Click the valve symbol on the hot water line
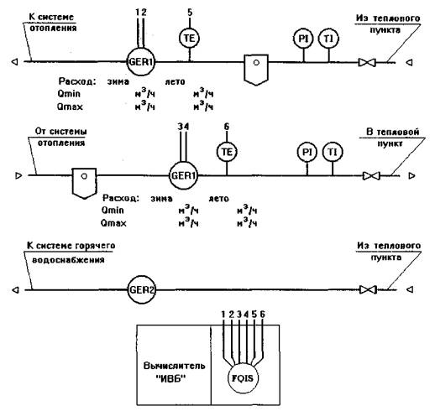pyautogui.click(x=368, y=289)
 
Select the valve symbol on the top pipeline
pyautogui.click(x=367, y=62)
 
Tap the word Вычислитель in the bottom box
pyautogui.click(x=174, y=366)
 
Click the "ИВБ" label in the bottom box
pyautogui.click(x=171, y=379)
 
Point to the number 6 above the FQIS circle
pyautogui.click(x=262, y=315)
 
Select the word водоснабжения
pyautogui.click(x=68, y=260)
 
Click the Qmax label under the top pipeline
pyautogui.click(x=70, y=107)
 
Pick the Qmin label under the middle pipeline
pyautogui.click(x=113, y=210)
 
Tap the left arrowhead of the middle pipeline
pyautogui.click(x=18, y=175)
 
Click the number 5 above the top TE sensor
pyautogui.click(x=190, y=13)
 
